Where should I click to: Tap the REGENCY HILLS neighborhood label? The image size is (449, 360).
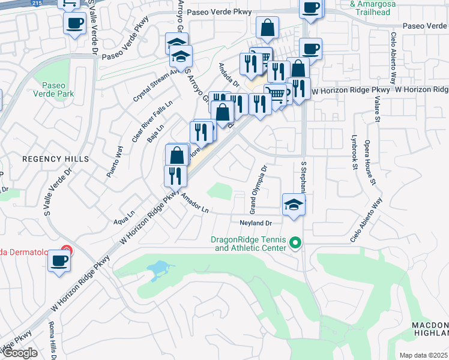tap(55, 159)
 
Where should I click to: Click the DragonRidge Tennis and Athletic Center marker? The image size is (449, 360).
tap(295, 243)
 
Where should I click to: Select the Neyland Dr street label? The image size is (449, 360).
tap(256, 223)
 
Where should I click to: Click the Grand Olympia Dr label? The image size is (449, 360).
tap(258, 194)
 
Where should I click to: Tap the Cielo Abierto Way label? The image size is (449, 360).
tap(366, 220)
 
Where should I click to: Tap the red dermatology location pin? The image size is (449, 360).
tap(66, 251)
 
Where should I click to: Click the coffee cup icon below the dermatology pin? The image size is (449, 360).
tap(59, 262)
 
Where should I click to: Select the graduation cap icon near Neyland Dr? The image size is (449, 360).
tap(294, 205)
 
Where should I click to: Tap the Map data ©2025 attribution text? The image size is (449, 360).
tap(423, 355)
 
